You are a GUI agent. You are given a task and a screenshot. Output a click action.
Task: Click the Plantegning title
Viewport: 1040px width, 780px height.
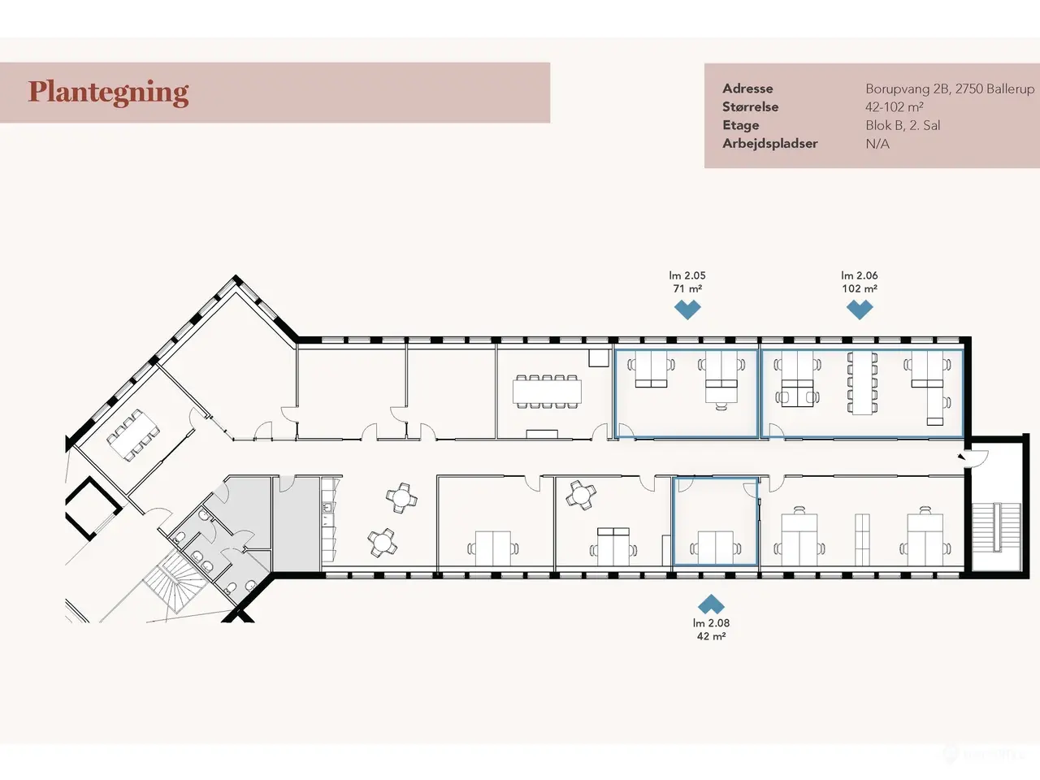pyautogui.click(x=108, y=93)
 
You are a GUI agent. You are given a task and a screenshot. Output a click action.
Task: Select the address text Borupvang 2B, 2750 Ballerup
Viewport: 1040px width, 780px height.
pyautogui.click(x=950, y=89)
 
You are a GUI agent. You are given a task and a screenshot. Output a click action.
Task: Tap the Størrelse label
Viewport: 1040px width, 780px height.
pyautogui.click(x=750, y=107)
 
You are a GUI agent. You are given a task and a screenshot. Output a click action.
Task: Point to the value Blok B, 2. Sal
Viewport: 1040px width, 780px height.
pyautogui.click(x=903, y=125)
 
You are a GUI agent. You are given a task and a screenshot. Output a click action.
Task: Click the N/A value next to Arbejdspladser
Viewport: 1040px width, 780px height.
pyautogui.click(x=877, y=144)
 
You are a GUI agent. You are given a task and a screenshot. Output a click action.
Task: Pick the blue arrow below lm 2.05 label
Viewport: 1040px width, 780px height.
pyautogui.click(x=687, y=310)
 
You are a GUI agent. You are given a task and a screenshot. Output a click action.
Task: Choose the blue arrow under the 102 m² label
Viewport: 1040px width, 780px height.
pyautogui.click(x=860, y=310)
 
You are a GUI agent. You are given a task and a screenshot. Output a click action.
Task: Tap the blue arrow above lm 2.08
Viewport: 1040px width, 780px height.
pyautogui.click(x=711, y=604)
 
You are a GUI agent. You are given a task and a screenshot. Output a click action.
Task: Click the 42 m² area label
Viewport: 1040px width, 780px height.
pyautogui.click(x=711, y=636)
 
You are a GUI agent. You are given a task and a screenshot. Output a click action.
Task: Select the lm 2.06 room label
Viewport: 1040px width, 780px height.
pyautogui.click(x=860, y=275)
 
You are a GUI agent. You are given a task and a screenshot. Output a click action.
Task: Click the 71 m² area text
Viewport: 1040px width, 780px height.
pyautogui.click(x=687, y=288)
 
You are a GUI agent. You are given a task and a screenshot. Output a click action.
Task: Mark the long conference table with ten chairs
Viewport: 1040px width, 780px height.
pyautogui.click(x=547, y=392)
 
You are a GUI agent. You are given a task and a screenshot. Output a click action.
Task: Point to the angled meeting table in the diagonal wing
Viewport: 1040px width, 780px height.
pyautogui.click(x=133, y=435)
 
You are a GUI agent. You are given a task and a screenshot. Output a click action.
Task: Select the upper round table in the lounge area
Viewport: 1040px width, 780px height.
pyautogui.click(x=402, y=498)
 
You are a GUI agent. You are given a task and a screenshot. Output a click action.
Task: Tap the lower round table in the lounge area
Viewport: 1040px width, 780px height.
pyautogui.click(x=383, y=543)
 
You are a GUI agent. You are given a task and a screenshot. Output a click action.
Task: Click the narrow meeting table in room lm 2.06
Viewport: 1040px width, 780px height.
pyautogui.click(x=862, y=383)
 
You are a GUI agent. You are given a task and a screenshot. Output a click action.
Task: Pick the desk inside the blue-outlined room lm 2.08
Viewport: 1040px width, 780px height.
pyautogui.click(x=716, y=548)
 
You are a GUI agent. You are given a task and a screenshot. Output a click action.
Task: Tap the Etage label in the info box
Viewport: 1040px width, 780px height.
pyautogui.click(x=740, y=125)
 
